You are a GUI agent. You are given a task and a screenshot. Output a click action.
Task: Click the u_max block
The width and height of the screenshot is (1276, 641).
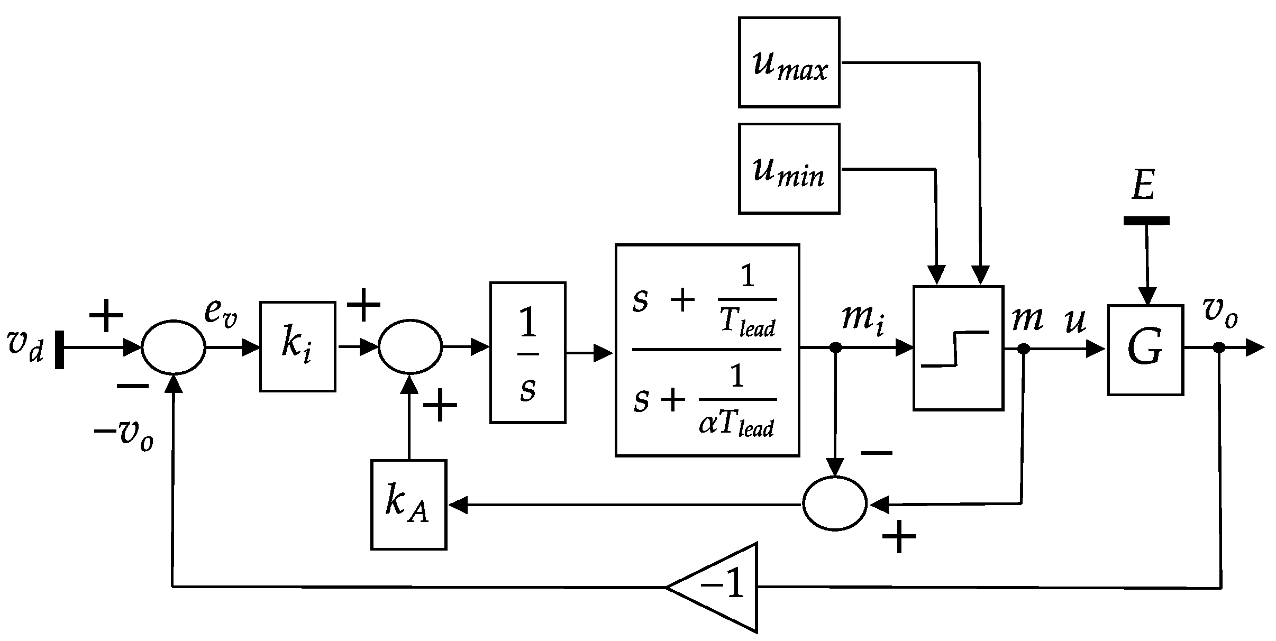pos(789,62)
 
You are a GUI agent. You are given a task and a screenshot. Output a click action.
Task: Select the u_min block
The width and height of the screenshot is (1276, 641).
pos(789,168)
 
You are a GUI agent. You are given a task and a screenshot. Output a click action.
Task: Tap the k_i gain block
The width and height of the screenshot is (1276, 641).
pos(297,346)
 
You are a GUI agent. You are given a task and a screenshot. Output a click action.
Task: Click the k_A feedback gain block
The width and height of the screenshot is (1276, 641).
pos(408,505)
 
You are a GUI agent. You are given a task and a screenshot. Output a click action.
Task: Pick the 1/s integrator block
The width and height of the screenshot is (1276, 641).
pos(527,352)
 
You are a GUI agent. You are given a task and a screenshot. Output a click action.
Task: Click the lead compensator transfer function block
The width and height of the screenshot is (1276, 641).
pos(707,350)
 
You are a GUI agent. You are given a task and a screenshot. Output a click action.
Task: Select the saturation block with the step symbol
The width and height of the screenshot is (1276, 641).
pos(958,348)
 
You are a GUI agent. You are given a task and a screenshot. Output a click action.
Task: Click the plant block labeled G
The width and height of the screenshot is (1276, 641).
pos(1145,350)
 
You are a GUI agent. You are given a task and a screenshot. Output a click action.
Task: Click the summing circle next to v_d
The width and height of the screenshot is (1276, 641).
pos(173,347)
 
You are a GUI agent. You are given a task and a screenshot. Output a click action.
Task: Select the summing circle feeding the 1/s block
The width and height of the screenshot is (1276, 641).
pos(409,347)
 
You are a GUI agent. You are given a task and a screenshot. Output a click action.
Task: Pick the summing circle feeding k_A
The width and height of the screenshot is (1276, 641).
pos(835,503)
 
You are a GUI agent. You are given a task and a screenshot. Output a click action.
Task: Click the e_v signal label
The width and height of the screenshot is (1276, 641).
pos(221,314)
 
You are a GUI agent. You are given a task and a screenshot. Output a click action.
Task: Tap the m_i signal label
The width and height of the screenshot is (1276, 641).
pos(863,320)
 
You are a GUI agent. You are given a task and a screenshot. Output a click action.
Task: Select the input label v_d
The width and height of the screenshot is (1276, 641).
pos(24,346)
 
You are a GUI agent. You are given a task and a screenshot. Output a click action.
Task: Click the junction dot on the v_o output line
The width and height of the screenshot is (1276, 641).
pos(1219,347)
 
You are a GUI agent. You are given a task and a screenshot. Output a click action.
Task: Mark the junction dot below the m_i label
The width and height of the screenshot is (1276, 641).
pos(835,347)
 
